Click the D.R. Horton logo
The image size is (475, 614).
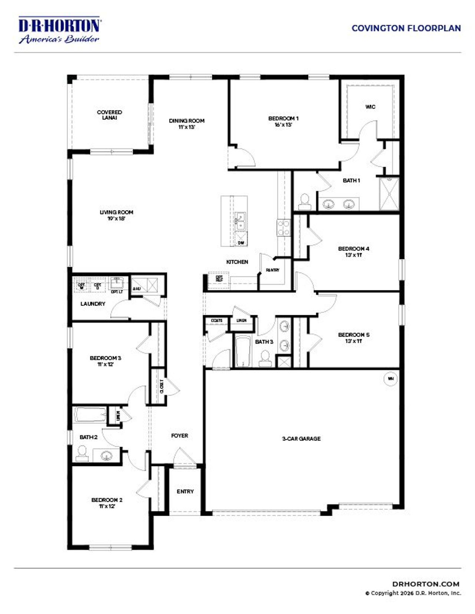coord(59,30)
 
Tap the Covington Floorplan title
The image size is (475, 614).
coord(406,28)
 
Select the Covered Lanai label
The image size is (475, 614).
coord(109,115)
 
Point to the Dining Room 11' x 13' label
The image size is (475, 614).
coord(187,123)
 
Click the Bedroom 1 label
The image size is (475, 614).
coord(283,121)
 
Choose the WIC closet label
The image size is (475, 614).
coord(370,107)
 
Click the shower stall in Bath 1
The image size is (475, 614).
coord(389,194)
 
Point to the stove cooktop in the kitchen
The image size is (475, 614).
coord(283,227)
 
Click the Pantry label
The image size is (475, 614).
coord(273,270)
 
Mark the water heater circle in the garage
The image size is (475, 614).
coord(390,379)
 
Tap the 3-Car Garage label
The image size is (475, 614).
coord(301,439)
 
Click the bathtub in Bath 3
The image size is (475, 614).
coord(243,351)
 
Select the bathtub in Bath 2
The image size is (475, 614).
coord(90,415)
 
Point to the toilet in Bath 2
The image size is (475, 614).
coord(82,453)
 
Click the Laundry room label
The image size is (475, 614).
coord(93,304)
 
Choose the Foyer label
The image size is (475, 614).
coord(180,436)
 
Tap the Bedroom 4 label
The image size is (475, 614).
coord(354,251)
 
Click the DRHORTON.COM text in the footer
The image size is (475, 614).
coord(426,584)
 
